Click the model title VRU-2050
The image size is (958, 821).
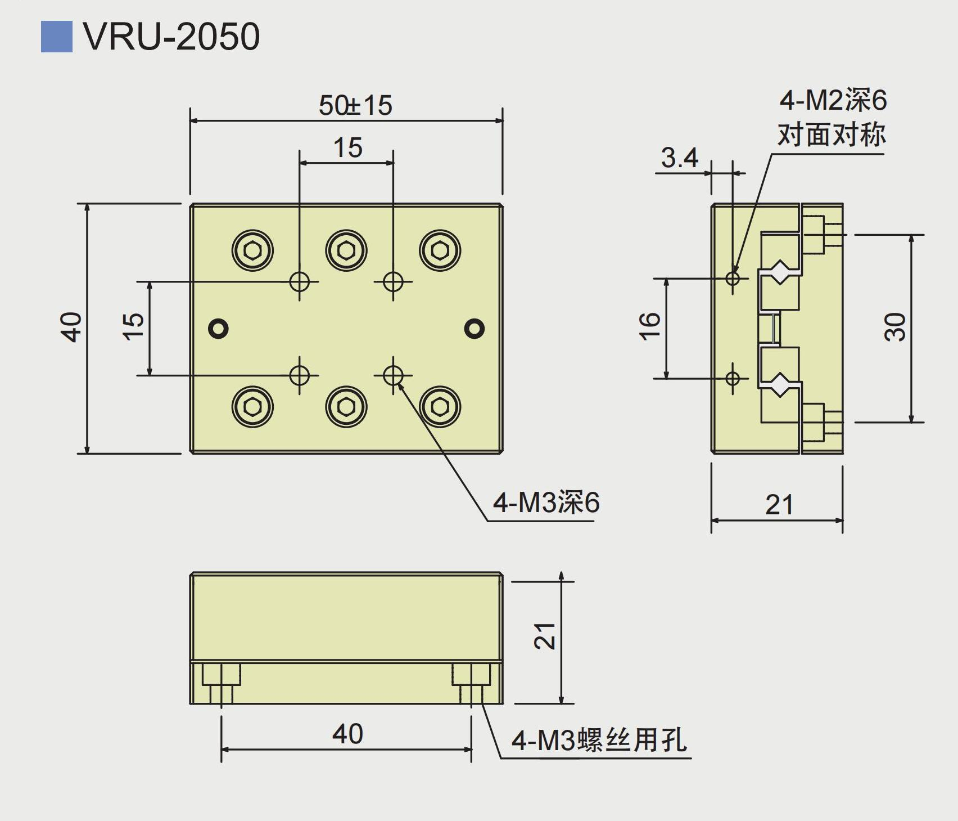(x=171, y=37)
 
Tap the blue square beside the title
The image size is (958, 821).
(x=56, y=37)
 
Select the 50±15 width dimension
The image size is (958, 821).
(x=355, y=105)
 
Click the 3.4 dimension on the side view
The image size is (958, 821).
(x=679, y=158)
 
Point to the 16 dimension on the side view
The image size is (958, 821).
(x=649, y=326)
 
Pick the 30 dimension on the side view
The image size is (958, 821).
(x=895, y=327)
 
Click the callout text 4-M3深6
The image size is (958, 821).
(x=546, y=503)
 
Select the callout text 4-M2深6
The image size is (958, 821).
(x=833, y=101)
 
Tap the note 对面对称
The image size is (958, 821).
(x=832, y=135)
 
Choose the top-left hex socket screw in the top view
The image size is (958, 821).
(x=252, y=250)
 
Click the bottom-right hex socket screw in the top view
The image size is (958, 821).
(x=440, y=407)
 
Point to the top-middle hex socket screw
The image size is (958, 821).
(x=346, y=250)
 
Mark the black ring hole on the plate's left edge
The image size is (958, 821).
(x=218, y=328)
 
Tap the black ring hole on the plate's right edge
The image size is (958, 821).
(x=475, y=328)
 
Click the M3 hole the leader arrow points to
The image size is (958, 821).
(x=393, y=375)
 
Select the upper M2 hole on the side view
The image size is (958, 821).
(x=733, y=277)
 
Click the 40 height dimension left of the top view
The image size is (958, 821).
(x=71, y=327)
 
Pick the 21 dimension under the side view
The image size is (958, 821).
(x=779, y=505)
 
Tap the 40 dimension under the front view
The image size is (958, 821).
(x=347, y=734)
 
